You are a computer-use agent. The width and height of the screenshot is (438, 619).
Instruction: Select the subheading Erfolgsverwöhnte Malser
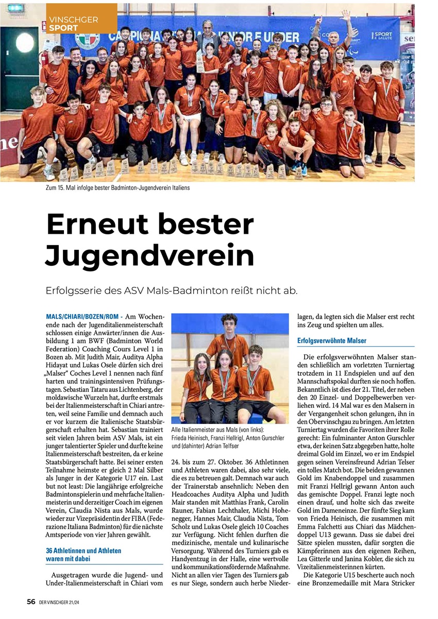331,341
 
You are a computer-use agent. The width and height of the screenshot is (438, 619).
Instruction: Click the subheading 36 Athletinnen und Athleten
83,551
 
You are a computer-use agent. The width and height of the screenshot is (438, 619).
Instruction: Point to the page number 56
31,601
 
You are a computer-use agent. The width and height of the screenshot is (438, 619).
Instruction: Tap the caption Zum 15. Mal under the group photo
117,188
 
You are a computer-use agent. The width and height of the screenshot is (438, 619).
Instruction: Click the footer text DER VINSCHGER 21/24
62,601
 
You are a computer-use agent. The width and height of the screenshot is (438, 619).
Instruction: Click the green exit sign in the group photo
16,8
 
